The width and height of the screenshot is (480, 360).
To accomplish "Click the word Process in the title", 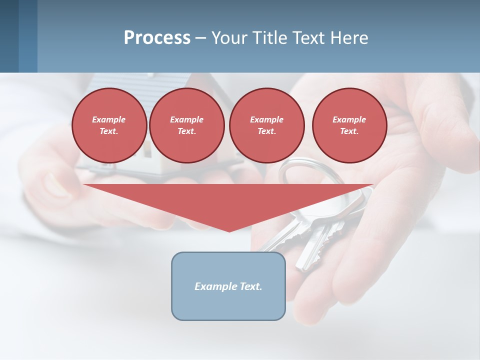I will (157, 38).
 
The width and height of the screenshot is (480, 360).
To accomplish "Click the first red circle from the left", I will (109, 125).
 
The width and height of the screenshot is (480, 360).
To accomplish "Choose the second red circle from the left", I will (186, 125).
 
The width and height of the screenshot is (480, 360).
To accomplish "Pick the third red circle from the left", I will (266, 125).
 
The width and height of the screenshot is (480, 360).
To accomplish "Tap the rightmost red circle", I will (349, 125).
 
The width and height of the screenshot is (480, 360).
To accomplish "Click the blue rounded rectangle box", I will (228, 305).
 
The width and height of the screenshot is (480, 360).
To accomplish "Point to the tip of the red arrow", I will (229, 230).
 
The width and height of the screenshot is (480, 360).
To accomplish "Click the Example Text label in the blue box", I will (228, 286).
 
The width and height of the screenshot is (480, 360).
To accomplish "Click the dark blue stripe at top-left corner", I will (9, 36).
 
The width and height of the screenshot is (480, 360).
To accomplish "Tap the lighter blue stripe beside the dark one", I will (28, 36).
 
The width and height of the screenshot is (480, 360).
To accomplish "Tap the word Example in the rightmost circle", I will (349, 119).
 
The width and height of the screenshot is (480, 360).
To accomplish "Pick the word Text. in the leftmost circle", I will (109, 131).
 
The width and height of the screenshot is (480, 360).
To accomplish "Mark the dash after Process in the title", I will (200, 38).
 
